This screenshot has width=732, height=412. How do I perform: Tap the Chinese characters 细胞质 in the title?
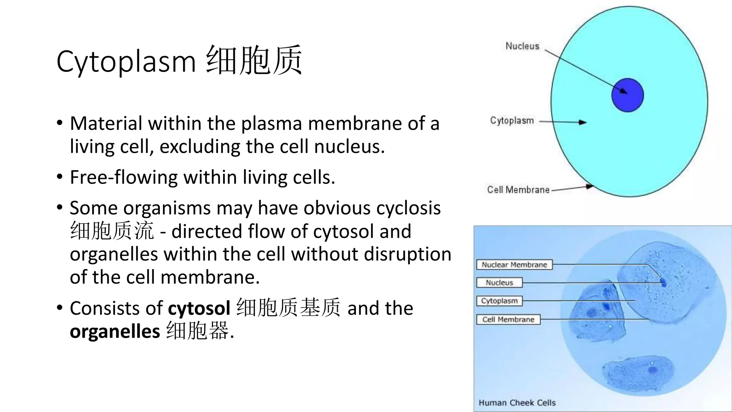254,60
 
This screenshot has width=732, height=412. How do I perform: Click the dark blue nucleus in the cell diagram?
627,95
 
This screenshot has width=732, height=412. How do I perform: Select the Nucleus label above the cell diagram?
522,46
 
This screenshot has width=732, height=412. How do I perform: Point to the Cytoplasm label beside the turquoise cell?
512,121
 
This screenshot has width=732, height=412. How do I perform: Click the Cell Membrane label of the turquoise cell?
518,190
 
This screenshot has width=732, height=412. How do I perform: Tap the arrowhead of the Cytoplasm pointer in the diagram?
583,122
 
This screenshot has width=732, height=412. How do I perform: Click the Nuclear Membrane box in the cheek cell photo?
514,265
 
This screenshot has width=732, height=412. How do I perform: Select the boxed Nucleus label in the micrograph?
499,283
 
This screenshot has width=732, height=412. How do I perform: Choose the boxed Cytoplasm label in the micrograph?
499,301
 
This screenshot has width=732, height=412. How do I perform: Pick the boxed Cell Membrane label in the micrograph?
508,319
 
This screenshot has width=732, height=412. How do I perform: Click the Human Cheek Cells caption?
517,403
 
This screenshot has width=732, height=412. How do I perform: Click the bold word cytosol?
199,308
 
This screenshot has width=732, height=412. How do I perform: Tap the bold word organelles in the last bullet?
115,332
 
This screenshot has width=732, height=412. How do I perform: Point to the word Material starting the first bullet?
106,123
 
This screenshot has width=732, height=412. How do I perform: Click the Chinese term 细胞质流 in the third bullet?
112,231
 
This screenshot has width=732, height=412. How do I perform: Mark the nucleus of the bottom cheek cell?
653,370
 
